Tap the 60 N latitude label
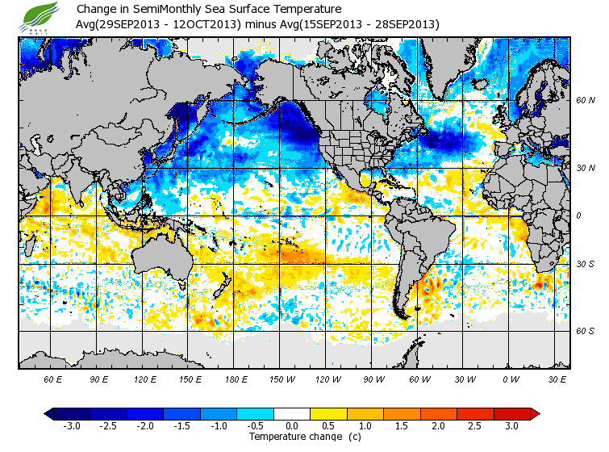[585, 101]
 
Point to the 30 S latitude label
[585, 265]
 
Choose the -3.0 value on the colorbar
[71, 425]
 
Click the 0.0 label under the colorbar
[292, 425]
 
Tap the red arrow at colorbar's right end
[535, 413]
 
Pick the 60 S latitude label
[585, 331]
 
